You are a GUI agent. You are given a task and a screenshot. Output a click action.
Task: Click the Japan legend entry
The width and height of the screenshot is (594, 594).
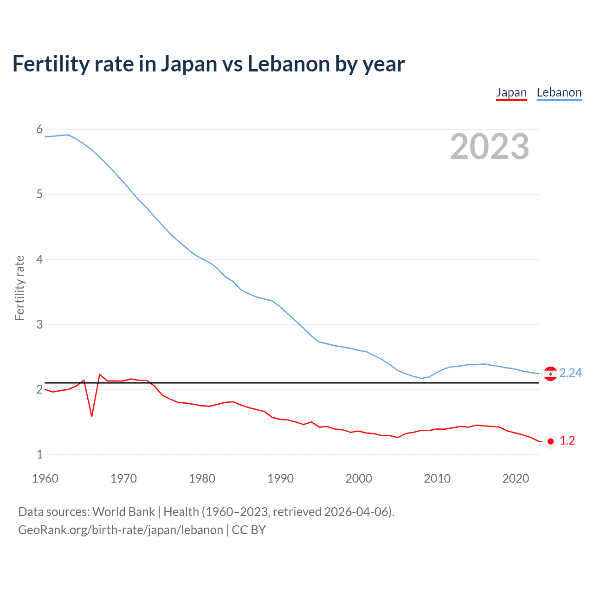tap(511, 92)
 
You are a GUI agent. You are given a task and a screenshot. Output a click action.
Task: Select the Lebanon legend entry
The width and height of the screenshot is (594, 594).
tap(559, 92)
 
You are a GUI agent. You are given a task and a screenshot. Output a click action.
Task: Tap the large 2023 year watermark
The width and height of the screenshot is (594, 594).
tap(489, 147)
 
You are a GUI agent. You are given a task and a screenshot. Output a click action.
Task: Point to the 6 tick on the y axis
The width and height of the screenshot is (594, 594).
tap(39, 129)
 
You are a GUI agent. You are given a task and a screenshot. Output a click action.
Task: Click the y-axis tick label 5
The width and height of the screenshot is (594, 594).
tap(39, 194)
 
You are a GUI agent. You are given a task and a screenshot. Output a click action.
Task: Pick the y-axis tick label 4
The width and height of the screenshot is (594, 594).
tap(39, 259)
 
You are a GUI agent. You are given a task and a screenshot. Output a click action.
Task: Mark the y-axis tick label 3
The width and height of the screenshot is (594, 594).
tap(39, 324)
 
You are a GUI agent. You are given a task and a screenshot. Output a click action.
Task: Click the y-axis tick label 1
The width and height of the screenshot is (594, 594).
tap(39, 454)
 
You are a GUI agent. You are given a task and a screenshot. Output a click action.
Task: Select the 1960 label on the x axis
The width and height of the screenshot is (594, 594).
tap(45, 478)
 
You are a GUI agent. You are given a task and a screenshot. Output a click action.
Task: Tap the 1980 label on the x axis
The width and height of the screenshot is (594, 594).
tap(202, 478)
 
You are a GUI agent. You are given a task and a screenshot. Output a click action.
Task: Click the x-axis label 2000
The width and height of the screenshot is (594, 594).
tap(359, 478)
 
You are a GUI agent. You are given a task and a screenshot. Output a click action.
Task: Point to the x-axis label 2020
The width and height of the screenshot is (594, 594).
tap(516, 478)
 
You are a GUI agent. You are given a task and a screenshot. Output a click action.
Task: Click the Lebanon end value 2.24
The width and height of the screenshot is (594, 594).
tap(570, 373)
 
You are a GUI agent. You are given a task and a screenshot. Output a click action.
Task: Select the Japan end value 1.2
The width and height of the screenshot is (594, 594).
tap(567, 441)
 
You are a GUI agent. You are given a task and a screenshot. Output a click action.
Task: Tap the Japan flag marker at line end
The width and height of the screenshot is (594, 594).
tap(550, 441)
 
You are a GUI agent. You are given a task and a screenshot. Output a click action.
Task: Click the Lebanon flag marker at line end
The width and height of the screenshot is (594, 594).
tap(550, 374)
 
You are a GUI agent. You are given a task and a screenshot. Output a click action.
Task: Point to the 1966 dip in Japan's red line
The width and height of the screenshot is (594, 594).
tap(92, 416)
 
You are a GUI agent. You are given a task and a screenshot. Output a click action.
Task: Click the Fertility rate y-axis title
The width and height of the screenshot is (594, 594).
tap(19, 288)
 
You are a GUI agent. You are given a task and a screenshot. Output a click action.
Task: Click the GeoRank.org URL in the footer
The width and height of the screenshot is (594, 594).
tap(121, 530)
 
